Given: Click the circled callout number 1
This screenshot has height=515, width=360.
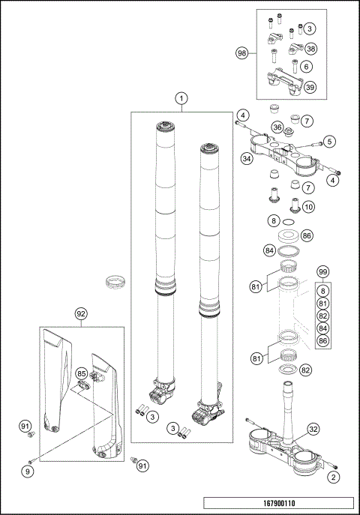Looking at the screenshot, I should pos(180,98).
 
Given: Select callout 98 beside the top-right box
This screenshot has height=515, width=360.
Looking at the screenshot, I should pos(241,54).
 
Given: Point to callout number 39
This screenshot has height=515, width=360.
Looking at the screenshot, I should pos(310,87).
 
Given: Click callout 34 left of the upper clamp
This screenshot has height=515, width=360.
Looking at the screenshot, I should pos(246,159).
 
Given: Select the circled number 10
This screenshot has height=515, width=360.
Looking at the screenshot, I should pos(307,206).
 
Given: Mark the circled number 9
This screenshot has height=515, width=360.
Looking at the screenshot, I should pos(28,472).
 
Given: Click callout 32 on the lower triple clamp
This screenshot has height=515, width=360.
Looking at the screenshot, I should pos(313,430).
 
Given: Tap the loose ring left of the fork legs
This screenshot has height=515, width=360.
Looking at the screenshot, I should pos(118,283).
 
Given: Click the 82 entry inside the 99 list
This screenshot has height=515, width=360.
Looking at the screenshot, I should pos(323,316).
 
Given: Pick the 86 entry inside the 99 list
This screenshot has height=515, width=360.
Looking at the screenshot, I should pos(323,341).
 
